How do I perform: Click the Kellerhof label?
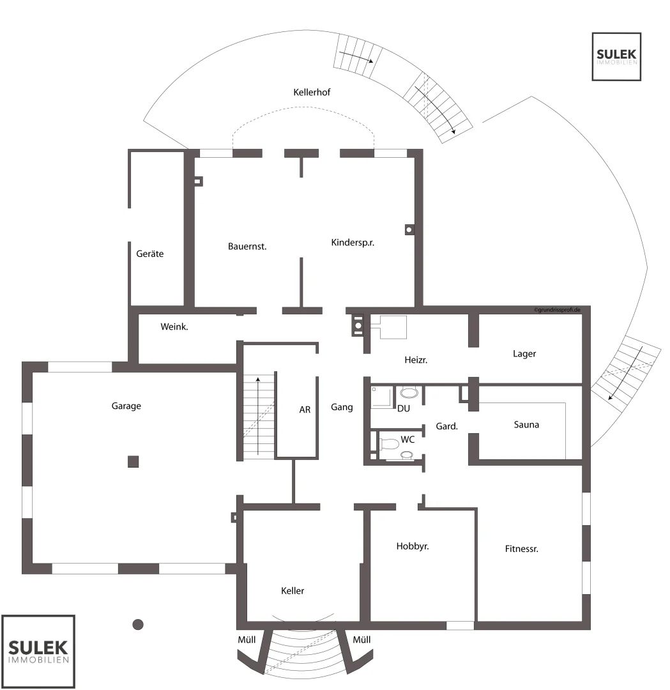312,93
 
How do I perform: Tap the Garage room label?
126,406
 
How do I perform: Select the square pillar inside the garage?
133,462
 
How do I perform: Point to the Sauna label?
526,425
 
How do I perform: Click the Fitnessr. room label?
521,549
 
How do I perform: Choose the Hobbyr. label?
412,546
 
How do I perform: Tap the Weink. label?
174,326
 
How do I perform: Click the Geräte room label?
149,254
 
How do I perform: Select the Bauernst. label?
247,247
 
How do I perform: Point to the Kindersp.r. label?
353,243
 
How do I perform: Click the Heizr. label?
416,360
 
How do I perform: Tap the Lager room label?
524,354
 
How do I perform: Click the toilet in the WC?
388,443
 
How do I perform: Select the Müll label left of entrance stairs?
247,640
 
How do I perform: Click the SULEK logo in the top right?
616,56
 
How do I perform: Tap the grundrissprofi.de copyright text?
557,310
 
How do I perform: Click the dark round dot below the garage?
138,624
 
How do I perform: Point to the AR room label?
305,410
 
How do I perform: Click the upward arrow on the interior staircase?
258,415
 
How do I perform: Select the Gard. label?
446,426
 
